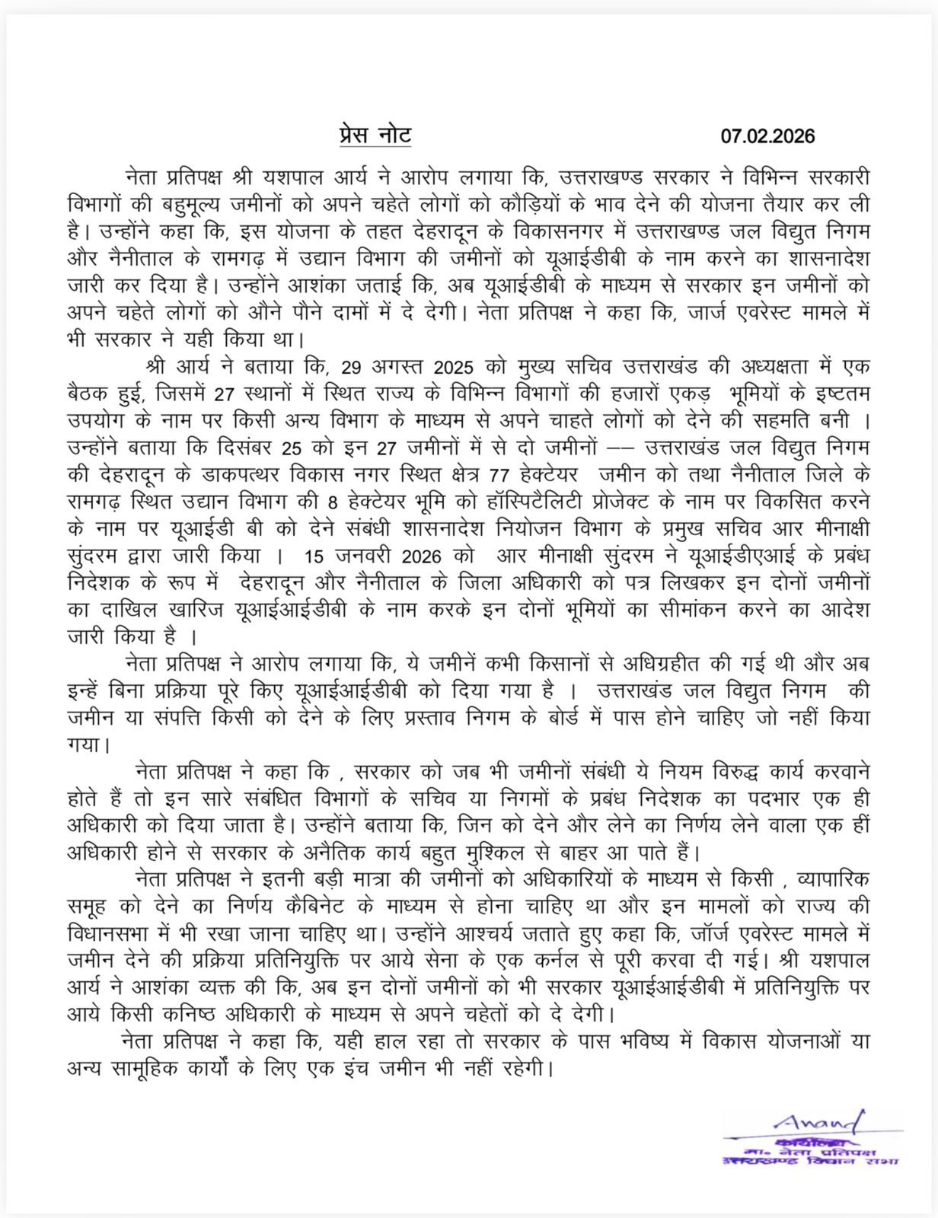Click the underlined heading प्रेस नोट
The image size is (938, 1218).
[375, 136]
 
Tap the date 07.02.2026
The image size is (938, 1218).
[767, 136]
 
